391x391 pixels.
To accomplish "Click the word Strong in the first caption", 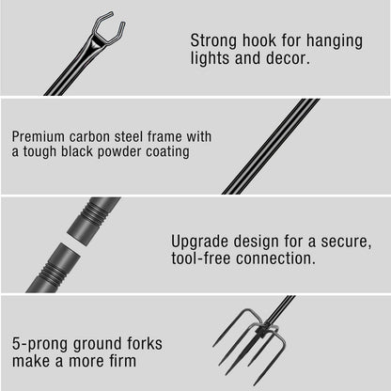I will click(x=214, y=40).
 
